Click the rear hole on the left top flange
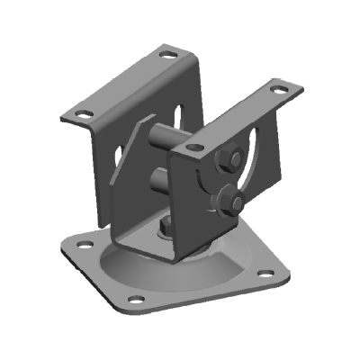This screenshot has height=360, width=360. coord(166,54)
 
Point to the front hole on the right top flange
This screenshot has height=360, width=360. coord(192,144)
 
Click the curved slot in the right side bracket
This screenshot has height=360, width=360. coord(256,162)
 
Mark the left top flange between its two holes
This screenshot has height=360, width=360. coord(126,84)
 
